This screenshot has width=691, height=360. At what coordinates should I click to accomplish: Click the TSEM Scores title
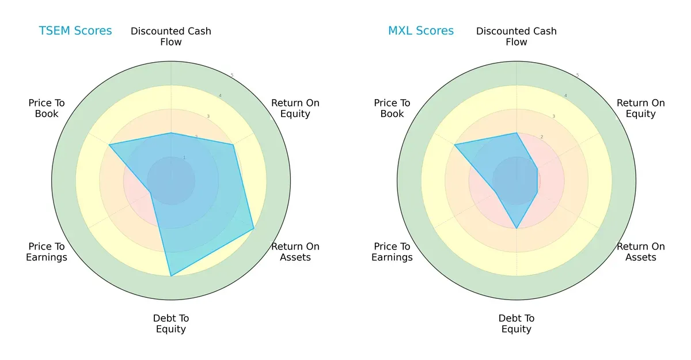(x=75, y=31)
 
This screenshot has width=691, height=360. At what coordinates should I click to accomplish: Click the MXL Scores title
(x=420, y=31)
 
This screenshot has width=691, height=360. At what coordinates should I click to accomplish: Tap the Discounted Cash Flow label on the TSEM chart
(x=171, y=36)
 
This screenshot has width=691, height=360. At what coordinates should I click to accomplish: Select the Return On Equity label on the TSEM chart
(x=295, y=108)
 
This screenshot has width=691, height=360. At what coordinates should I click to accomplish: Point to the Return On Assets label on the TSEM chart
(x=295, y=252)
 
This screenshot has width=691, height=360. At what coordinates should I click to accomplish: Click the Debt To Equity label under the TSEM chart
(x=171, y=324)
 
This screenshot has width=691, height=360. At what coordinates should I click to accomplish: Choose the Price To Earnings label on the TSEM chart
(x=47, y=252)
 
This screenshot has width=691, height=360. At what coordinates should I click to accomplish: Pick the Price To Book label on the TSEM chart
(x=47, y=108)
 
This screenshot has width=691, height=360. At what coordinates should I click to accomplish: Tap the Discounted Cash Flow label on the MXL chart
(x=517, y=36)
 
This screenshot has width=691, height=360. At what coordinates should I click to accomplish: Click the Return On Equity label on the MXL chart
(x=640, y=108)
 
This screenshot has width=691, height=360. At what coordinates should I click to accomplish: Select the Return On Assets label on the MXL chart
(x=640, y=252)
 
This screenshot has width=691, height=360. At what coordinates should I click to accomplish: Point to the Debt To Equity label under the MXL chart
(x=517, y=324)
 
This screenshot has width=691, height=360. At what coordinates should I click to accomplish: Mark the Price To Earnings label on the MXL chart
(x=392, y=252)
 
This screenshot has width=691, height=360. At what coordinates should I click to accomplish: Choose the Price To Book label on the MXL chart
(x=392, y=108)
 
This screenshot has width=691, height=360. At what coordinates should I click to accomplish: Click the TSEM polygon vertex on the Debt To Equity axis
(x=171, y=276)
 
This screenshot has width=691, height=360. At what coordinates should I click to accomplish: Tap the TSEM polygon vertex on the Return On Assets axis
(x=254, y=229)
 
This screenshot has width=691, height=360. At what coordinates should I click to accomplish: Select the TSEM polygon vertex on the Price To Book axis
(x=109, y=145)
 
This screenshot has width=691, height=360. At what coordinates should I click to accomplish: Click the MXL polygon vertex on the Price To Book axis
(x=455, y=145)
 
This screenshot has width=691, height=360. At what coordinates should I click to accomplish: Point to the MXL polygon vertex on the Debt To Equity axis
(x=517, y=229)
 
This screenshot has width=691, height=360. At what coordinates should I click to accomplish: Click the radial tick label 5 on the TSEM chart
(x=232, y=75)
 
